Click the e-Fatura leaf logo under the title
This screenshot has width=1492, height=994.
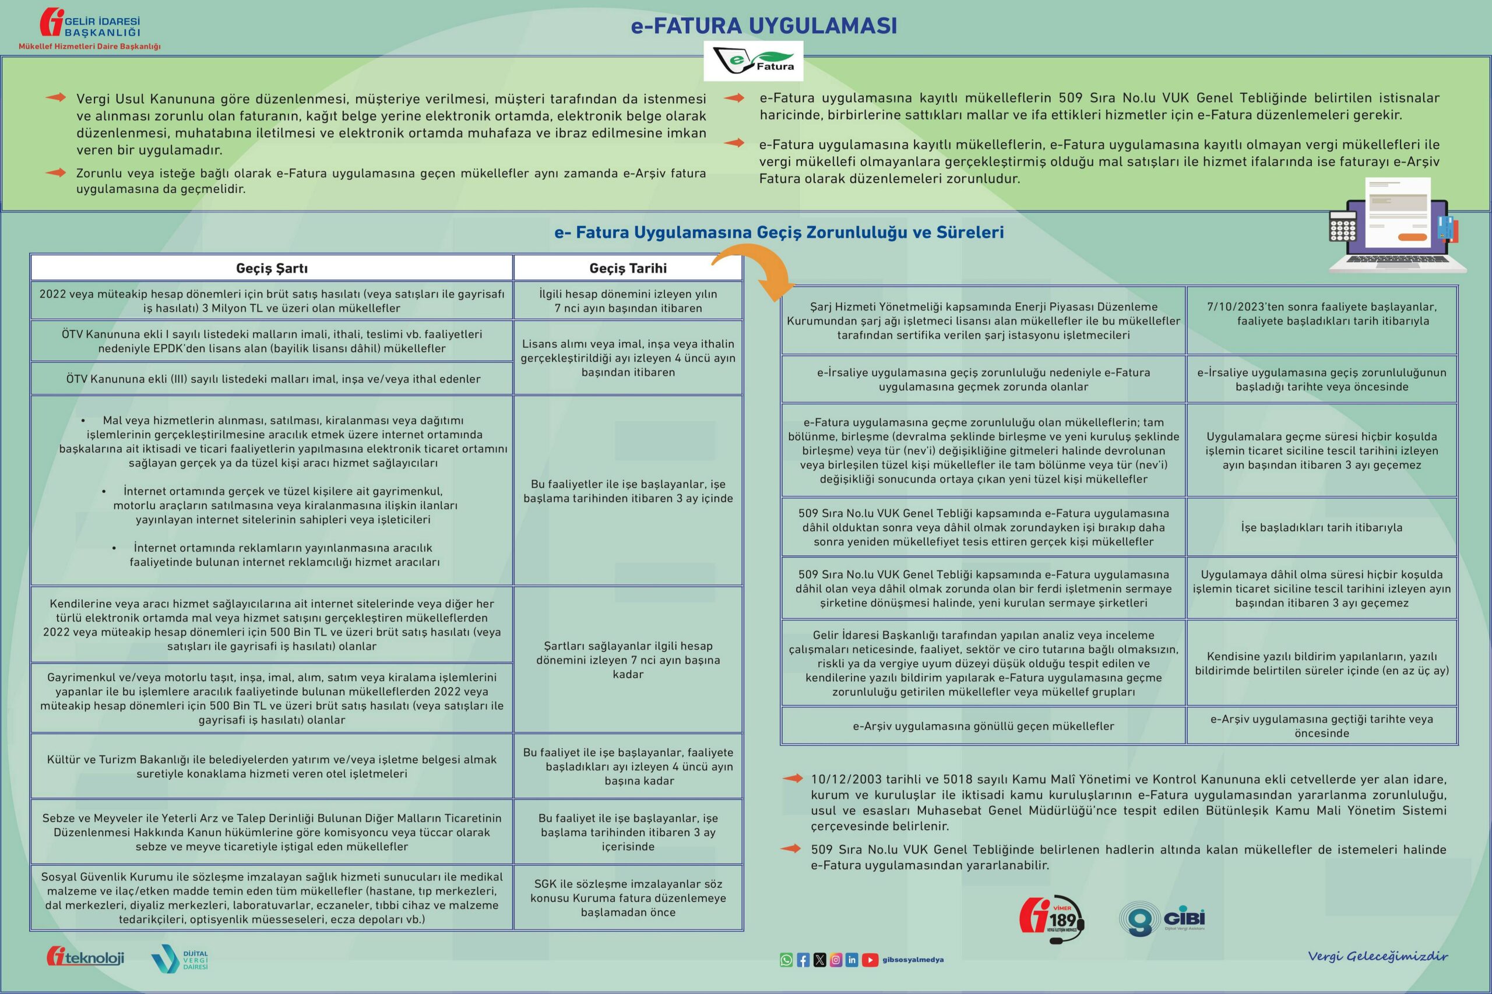coord(754,61)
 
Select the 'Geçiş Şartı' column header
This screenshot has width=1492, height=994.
coord(272,268)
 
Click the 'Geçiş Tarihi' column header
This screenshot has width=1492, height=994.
coord(628,268)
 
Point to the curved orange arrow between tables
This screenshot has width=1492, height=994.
coord(755,273)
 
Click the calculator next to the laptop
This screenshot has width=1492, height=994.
coord(1342,226)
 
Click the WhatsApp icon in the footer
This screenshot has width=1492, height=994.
coord(786,960)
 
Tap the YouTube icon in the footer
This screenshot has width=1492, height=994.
coord(870,960)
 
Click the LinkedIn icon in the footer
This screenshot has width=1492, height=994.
coord(851,960)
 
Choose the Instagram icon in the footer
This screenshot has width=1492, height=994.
coord(836,960)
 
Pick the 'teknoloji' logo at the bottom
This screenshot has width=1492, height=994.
coord(85,957)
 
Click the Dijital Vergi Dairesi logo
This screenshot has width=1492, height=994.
coord(180,958)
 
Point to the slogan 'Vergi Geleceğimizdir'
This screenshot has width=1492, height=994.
coord(1377,956)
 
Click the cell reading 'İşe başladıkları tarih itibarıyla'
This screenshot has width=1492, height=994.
coord(1321,527)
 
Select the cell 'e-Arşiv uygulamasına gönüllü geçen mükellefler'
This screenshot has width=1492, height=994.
coord(983,726)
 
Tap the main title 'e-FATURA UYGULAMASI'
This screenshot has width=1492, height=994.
coord(763,26)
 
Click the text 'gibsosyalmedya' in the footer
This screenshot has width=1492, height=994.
coord(913,960)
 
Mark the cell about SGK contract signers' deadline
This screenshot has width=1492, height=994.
coord(628,898)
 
